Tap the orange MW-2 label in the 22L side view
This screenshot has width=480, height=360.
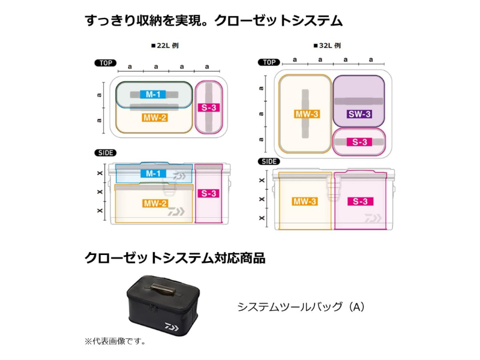point(155,203)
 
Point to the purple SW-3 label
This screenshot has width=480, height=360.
point(358,115)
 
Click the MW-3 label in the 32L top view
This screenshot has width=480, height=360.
point(305,115)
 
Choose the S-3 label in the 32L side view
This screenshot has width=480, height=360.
point(358,202)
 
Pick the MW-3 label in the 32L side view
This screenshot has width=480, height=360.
point(305,202)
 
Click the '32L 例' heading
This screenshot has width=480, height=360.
point(324,46)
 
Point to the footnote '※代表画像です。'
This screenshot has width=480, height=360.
point(115,341)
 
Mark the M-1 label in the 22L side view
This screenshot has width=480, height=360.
point(152,174)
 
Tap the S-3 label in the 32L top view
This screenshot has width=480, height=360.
point(358,142)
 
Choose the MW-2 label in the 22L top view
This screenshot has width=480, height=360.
point(155,118)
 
